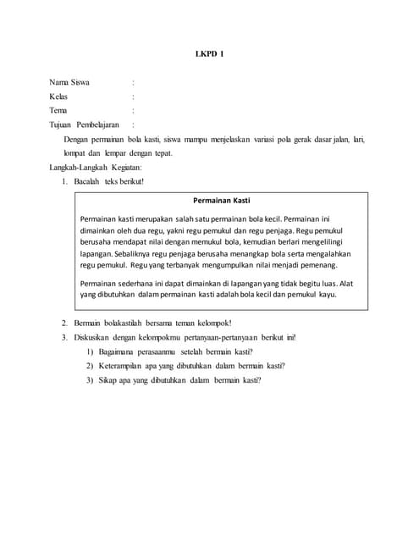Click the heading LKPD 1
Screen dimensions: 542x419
[209, 53]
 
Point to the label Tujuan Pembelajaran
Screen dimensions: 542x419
[83, 124]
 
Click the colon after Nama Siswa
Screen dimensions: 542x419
[133, 83]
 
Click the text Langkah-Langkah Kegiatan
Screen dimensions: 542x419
[92, 167]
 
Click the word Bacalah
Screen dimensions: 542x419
[87, 181]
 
